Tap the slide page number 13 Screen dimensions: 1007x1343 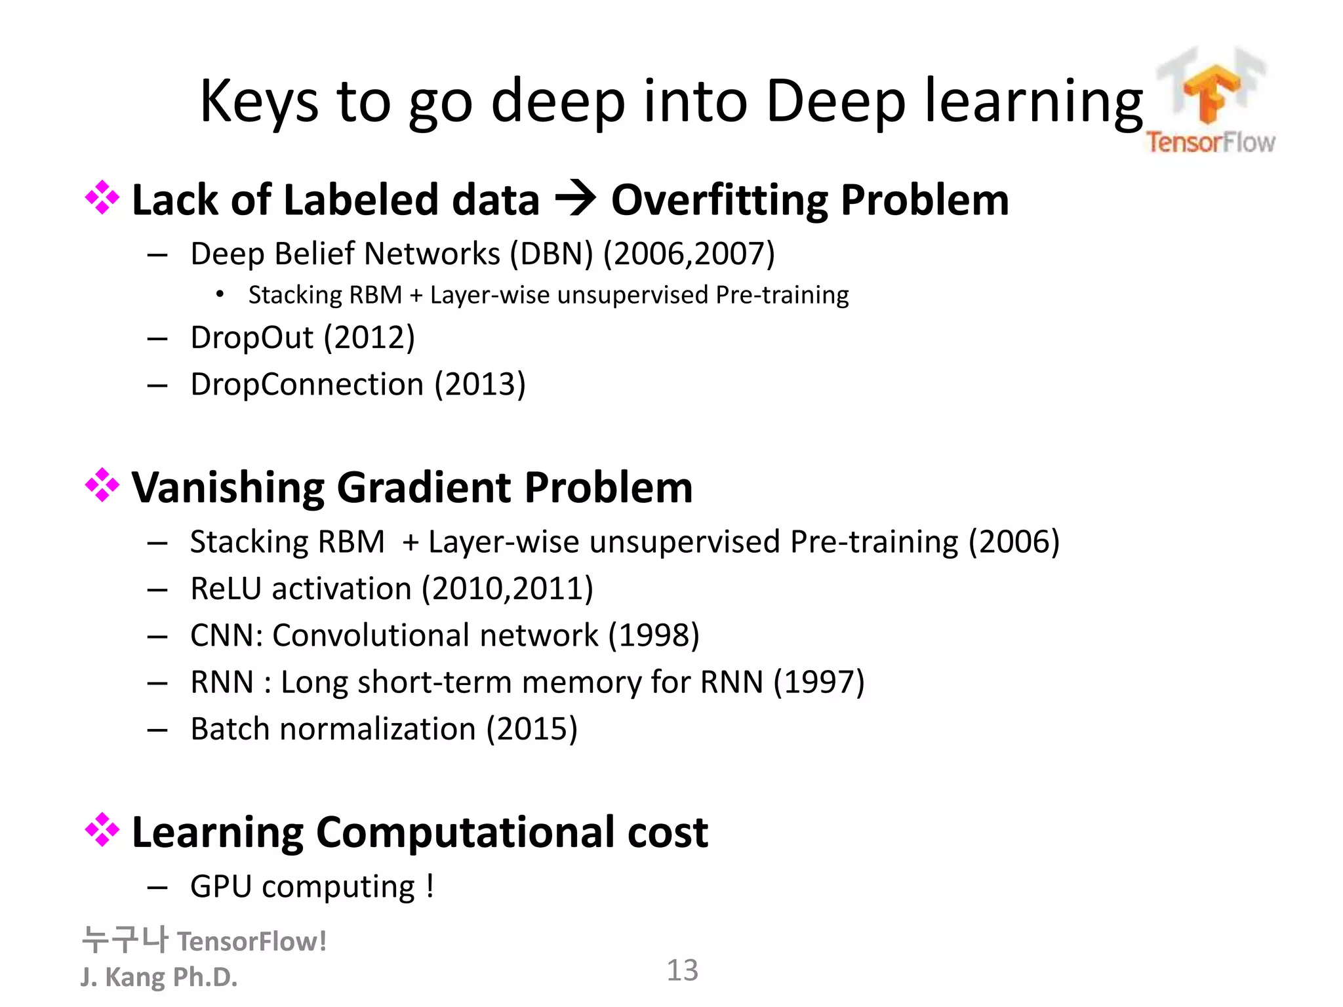tap(682, 970)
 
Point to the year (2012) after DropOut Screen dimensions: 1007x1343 tap(369, 338)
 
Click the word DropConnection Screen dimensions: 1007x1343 tap(307, 384)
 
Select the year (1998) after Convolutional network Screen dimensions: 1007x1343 tap(654, 636)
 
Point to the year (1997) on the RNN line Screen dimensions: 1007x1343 tap(819, 682)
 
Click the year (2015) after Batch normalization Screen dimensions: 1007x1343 tap(532, 730)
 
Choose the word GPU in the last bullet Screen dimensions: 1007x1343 tap(221, 887)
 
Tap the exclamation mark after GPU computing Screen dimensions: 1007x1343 tap(430, 887)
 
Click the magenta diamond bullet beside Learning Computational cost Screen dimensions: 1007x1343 tap(102, 830)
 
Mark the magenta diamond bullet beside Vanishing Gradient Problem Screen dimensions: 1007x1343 tap(102, 485)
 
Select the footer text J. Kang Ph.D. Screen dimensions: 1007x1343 tap(159, 977)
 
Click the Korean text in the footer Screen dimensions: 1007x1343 tap(125, 940)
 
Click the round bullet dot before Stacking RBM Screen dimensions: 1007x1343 tap(220, 295)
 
